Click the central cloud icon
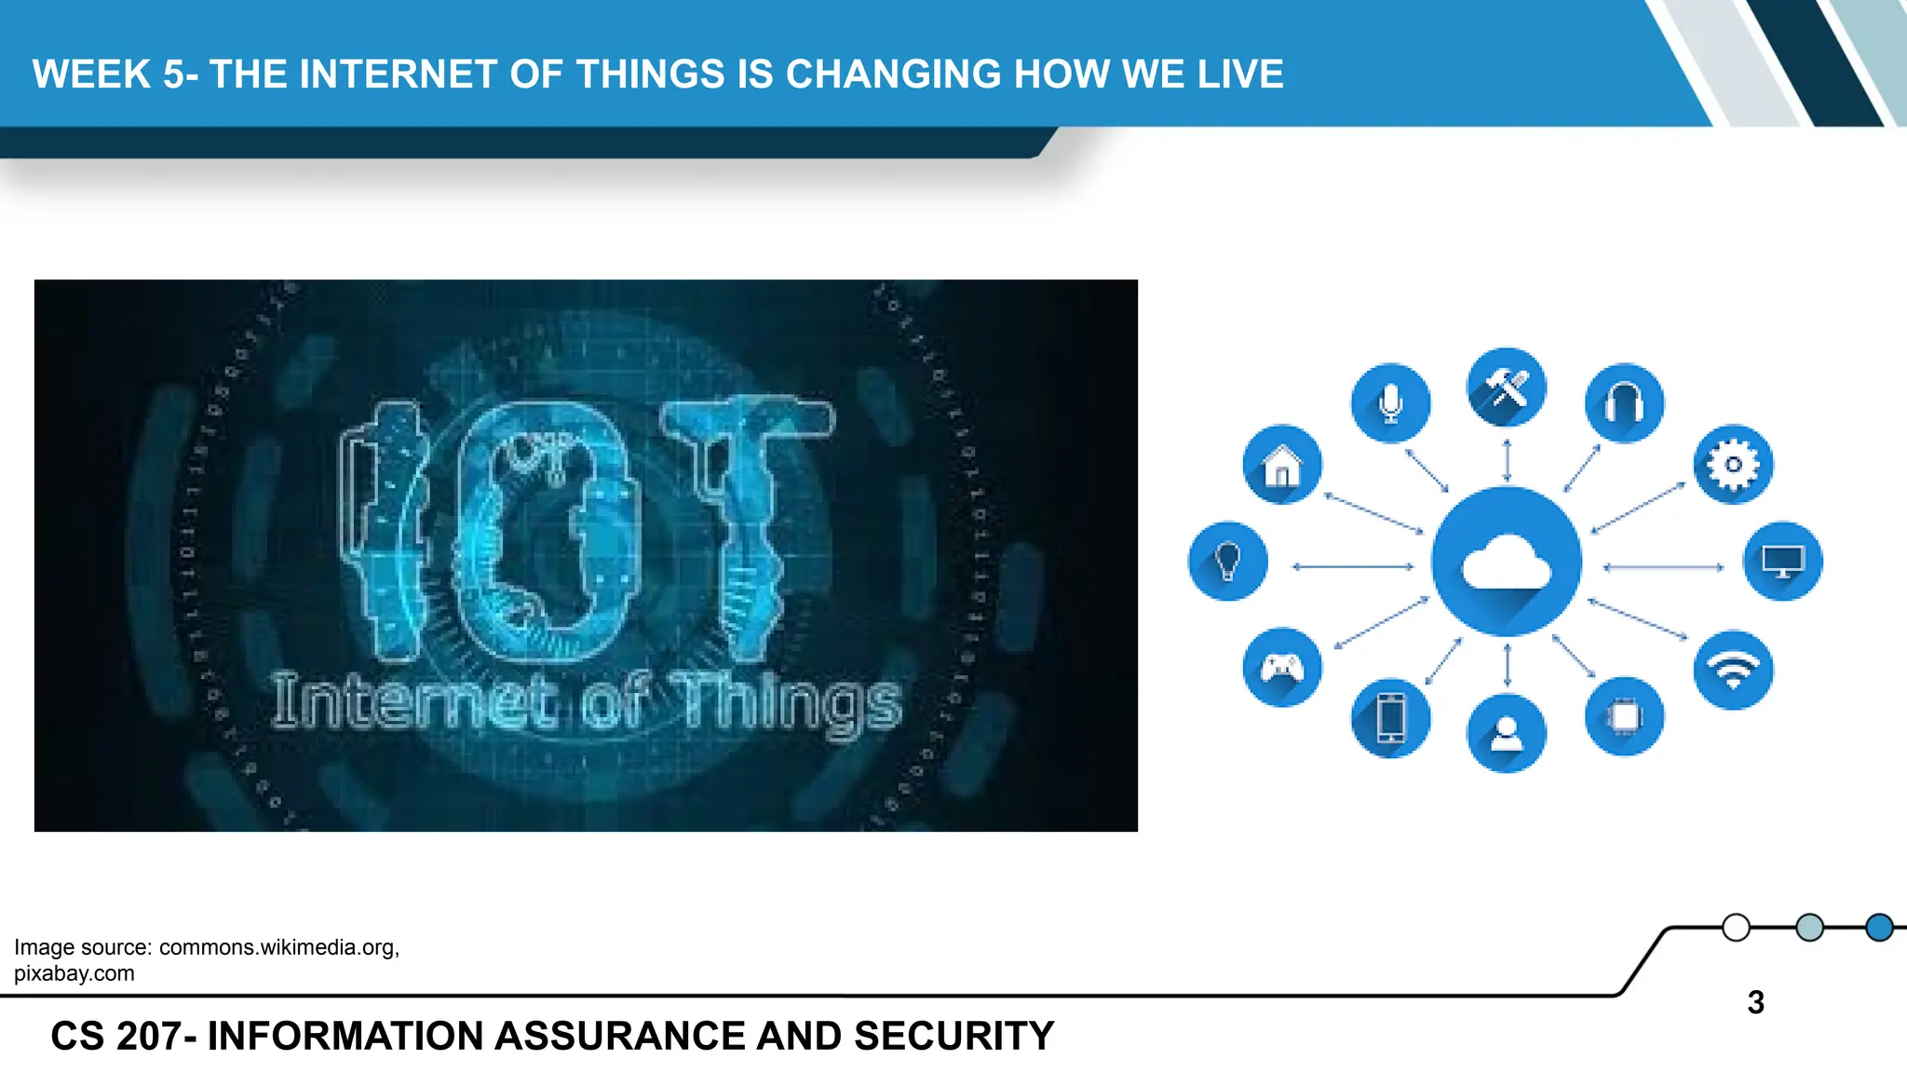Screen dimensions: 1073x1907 (1506, 562)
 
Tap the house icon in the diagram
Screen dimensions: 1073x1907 (1282, 464)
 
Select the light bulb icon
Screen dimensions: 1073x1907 (1227, 561)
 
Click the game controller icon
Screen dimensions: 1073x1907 (1281, 667)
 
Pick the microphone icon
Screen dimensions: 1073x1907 (1390, 403)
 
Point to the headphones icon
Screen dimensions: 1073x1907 (1624, 403)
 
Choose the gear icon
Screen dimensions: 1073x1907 (1733, 464)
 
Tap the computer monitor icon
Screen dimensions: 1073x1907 (1782, 561)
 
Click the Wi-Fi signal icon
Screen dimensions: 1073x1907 (1733, 670)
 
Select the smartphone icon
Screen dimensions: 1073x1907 (1390, 718)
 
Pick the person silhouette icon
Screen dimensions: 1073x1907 (1506, 733)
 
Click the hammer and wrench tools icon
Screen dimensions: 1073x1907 (1506, 387)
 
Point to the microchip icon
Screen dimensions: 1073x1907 (1624, 716)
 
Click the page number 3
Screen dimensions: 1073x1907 (1755, 1002)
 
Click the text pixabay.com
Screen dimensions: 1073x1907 (74, 973)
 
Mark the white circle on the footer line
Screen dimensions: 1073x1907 (1736, 928)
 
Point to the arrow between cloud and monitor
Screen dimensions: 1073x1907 (1662, 566)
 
